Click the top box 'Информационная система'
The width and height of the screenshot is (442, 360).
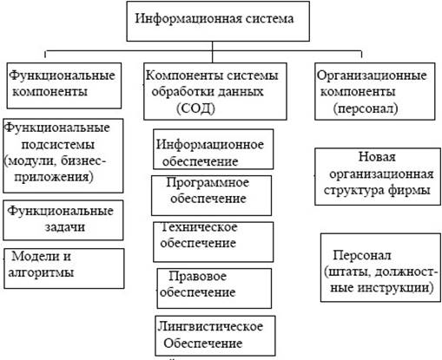pyautogui.click(x=218, y=21)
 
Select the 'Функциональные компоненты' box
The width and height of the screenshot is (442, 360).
pyautogui.click(x=64, y=86)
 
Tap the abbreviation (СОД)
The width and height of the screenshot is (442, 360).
pyautogui.click(x=196, y=108)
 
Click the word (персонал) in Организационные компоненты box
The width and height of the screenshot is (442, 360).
pyautogui.click(x=366, y=108)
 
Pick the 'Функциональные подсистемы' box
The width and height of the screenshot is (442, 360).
pyautogui.click(x=63, y=155)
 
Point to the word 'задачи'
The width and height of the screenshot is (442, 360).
pyautogui.click(x=65, y=227)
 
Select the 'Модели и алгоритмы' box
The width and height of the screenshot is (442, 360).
pyautogui.click(x=64, y=268)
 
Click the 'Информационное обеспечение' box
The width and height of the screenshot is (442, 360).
pyautogui.click(x=213, y=149)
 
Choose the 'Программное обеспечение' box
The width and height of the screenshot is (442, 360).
pyautogui.click(x=211, y=195)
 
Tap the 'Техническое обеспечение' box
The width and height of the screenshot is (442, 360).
pyautogui.click(x=213, y=242)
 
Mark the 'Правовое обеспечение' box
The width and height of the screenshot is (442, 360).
pyautogui.click(x=214, y=288)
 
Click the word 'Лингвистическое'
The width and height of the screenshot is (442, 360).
pyautogui.click(x=210, y=326)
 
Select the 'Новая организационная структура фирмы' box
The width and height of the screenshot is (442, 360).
pyautogui.click(x=378, y=177)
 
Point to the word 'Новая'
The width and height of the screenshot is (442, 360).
pyautogui.click(x=377, y=157)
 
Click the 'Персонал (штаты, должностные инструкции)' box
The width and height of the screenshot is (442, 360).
pyautogui.click(x=380, y=268)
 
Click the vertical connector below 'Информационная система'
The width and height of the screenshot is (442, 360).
pyautogui.click(x=212, y=52)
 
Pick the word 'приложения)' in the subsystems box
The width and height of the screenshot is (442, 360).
pyautogui.click(x=54, y=177)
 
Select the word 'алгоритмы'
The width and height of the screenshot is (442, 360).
pyautogui.click(x=41, y=272)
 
